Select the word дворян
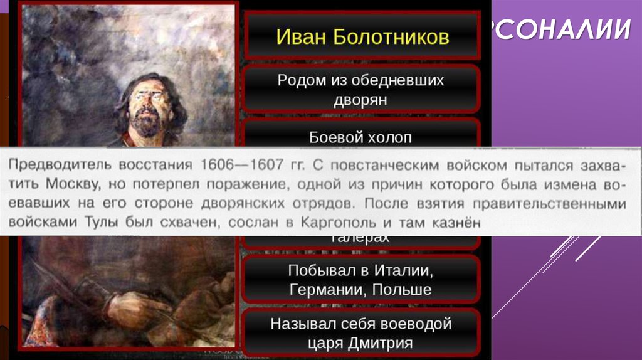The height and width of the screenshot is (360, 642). tap(362, 99)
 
